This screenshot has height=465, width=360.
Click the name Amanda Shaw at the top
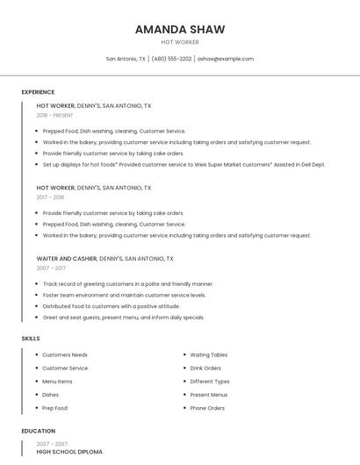pyautogui.click(x=180, y=29)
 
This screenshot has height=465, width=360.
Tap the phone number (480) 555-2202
pyautogui.click(x=171, y=59)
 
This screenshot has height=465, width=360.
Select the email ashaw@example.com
pyautogui.click(x=226, y=59)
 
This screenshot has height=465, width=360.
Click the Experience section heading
pyautogui.click(x=38, y=92)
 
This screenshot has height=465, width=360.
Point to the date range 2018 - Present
pyautogui.click(x=55, y=116)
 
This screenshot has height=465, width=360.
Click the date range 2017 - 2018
pyautogui.click(x=50, y=197)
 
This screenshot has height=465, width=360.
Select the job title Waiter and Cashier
pyautogui.click(x=66, y=259)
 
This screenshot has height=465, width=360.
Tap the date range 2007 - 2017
pyautogui.click(x=51, y=268)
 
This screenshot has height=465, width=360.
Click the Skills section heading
pyautogui.click(x=31, y=338)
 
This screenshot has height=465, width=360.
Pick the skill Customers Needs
pyautogui.click(x=65, y=355)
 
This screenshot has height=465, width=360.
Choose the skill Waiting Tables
pyautogui.click(x=209, y=355)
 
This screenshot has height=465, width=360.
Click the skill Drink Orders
pyautogui.click(x=205, y=368)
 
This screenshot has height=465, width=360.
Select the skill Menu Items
pyautogui.click(x=57, y=382)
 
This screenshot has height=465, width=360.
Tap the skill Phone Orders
pyautogui.click(x=207, y=408)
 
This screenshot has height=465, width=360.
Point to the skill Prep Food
pyautogui.click(x=54, y=408)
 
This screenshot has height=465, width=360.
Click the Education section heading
pyautogui.click(x=38, y=432)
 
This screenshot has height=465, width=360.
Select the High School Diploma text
pyautogui.click(x=69, y=452)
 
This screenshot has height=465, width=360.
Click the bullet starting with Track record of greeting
pyautogui.click(x=128, y=284)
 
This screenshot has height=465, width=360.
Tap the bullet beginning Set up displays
pyautogui.click(x=184, y=164)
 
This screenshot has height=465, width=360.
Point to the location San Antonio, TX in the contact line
pyautogui.click(x=126, y=59)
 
